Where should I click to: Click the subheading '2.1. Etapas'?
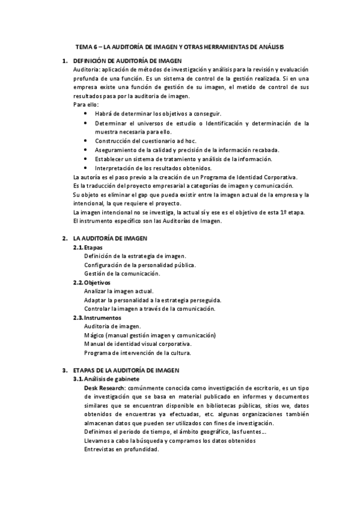(88, 247)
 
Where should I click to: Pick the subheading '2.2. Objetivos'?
(91, 283)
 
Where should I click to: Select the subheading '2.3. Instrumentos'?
(97, 318)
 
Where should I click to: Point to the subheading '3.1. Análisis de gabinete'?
(106, 379)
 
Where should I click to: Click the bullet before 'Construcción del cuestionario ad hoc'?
(88, 141)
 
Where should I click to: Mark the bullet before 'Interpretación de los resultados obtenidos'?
(88, 168)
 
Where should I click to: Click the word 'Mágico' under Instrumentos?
(95, 335)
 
